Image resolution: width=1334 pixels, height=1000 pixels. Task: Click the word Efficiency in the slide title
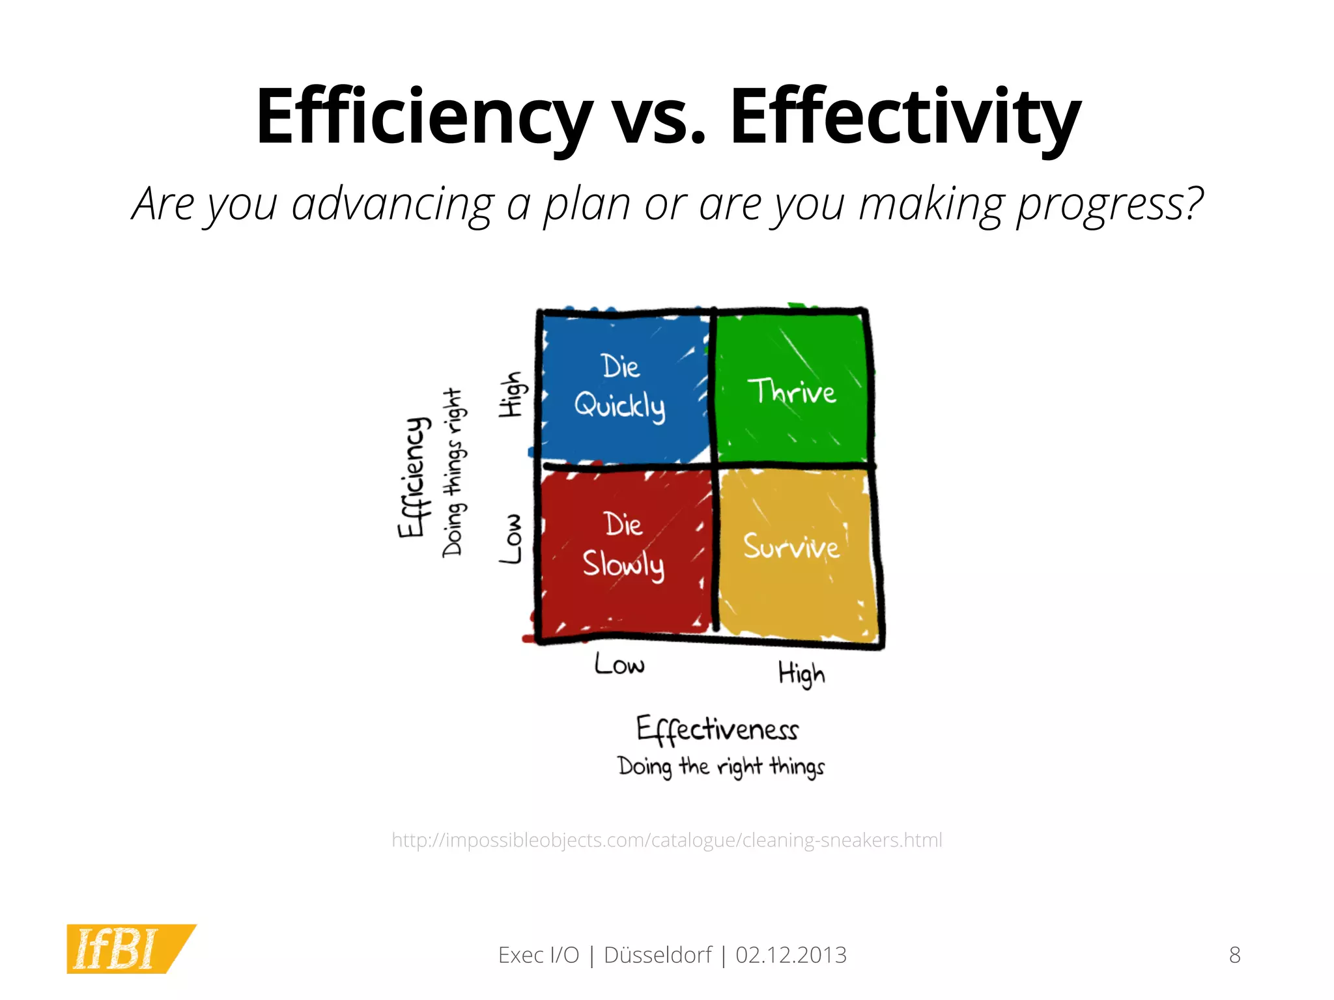coord(423,117)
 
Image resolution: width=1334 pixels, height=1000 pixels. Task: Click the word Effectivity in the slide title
coord(905,117)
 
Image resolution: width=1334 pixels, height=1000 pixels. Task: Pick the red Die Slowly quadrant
coord(623,547)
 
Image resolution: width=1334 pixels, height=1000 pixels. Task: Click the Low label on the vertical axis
coord(511,538)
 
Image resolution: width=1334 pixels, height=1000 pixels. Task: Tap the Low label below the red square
coord(619,665)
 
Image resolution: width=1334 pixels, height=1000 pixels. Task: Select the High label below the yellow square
coord(802,674)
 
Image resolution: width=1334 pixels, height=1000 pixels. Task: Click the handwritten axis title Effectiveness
coord(717,729)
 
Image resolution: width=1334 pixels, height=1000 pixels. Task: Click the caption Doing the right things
coord(720,766)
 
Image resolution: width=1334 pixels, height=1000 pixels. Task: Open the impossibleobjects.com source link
coord(666,840)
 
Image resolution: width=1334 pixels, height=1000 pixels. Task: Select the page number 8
coord(1234,955)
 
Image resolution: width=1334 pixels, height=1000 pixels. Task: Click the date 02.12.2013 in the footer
coord(791,955)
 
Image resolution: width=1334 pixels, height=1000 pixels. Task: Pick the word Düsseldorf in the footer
coord(658,955)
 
